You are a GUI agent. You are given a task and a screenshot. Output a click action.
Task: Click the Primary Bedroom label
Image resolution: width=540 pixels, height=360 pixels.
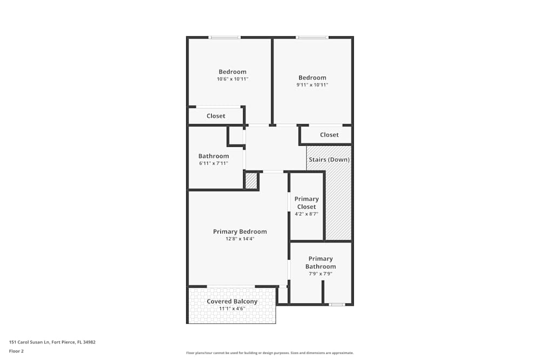[240, 232]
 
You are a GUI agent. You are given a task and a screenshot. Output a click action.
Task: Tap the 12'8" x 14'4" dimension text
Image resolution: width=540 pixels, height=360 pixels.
[240, 239]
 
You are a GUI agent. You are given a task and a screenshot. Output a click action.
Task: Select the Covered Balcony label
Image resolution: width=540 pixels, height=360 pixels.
[232, 302]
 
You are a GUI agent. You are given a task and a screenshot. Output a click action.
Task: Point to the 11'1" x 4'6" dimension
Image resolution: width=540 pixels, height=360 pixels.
[232, 309]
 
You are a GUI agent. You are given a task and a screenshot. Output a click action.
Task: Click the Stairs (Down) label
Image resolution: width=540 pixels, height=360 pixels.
[329, 160]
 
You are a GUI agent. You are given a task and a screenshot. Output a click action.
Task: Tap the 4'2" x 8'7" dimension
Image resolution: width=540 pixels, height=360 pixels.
[306, 214]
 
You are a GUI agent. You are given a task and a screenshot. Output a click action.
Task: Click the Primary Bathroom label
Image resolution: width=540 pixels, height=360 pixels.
[320, 262]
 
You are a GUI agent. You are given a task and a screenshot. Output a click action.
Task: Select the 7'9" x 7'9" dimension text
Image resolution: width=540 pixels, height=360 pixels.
[320, 274]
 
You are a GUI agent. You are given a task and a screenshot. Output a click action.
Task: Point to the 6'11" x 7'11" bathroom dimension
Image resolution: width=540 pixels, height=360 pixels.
[213, 163]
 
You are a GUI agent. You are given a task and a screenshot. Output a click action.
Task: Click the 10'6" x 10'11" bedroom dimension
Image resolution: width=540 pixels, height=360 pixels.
[232, 79]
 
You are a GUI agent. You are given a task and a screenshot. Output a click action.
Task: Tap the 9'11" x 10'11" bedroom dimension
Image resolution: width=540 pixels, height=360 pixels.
[312, 85]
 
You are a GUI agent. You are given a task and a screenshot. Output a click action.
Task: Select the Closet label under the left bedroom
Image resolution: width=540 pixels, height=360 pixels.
[216, 116]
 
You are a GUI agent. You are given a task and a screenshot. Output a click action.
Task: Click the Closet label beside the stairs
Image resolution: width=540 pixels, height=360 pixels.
[329, 135]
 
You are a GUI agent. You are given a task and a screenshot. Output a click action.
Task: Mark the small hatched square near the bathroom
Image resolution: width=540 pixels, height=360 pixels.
[251, 180]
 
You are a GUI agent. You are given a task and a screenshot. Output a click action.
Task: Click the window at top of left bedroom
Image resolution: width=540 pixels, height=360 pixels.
[225, 37]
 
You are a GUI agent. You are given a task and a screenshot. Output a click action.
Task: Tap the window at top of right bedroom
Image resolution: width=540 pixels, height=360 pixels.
[312, 37]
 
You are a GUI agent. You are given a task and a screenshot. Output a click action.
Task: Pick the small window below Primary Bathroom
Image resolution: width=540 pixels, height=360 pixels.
[337, 305]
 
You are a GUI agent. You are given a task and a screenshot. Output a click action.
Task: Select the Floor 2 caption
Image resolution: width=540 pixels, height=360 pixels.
[16, 351]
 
